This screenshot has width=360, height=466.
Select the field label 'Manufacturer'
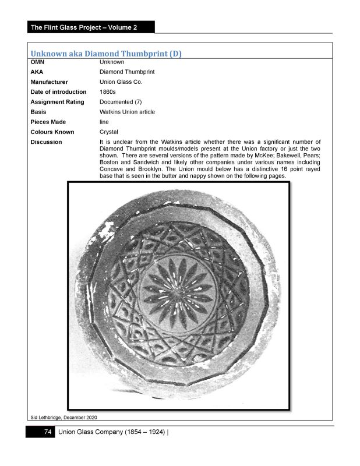tap(49, 82)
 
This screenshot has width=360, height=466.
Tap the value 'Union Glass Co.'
tap(121, 82)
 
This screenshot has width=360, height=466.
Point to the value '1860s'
tap(109, 92)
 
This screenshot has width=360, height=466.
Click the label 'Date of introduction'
tap(58, 92)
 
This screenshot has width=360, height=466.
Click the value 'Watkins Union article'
tap(128, 112)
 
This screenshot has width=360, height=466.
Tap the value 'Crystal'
tap(109, 132)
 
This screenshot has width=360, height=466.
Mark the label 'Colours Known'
tap(52, 132)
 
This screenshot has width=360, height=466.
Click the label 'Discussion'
tap(46, 142)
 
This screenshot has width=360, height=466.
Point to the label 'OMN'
tap(37, 62)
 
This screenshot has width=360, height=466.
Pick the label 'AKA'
tap(36, 72)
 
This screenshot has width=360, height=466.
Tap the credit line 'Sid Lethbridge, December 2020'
tap(63, 416)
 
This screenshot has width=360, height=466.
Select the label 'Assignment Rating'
tap(57, 102)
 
